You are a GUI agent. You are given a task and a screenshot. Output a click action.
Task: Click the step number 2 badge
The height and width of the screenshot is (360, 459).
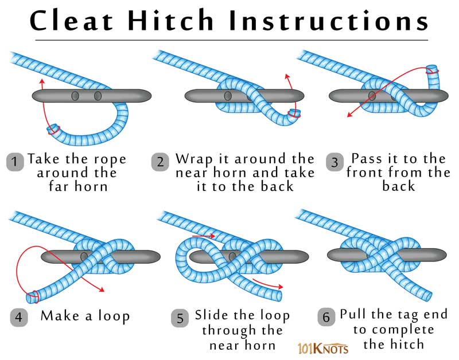160,162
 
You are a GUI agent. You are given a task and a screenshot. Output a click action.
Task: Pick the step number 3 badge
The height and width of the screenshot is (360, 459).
334,162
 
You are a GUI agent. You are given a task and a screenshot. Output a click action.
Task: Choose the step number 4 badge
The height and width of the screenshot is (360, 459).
18,316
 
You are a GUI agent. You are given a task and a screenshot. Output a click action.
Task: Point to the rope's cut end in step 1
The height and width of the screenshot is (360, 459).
52,128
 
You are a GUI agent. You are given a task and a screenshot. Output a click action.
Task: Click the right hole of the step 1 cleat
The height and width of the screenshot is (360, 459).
98,95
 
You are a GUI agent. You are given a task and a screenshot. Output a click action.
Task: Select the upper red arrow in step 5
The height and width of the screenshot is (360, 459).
204,236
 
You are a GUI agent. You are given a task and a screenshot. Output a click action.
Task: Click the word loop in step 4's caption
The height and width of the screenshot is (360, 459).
112,316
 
